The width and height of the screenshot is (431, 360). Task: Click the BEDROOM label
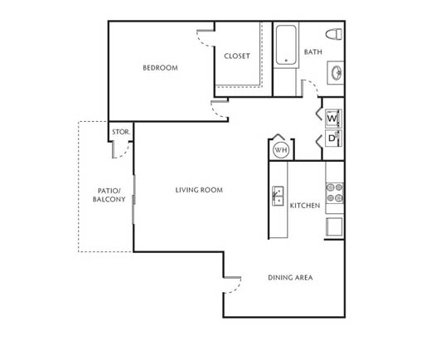160,68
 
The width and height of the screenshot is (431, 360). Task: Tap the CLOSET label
237,56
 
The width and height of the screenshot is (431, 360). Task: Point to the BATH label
313,52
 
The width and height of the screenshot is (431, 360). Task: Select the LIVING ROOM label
199,190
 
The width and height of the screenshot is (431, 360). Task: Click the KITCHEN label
305,206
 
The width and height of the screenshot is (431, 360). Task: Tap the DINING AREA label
290,277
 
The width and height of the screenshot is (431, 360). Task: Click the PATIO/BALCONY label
109,195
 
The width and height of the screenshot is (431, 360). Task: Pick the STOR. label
121,132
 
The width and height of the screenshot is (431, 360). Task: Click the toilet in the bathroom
334,34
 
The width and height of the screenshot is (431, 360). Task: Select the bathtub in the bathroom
286,45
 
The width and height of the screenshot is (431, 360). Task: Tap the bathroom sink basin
337,73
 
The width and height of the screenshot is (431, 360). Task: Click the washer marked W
333,119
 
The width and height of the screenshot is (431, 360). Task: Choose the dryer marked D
333,138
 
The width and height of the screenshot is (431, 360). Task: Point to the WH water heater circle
281,150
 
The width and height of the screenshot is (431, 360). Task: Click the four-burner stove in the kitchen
335,193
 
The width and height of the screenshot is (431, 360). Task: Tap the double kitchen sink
278,196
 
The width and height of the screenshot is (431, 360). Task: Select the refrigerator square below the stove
334,226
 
